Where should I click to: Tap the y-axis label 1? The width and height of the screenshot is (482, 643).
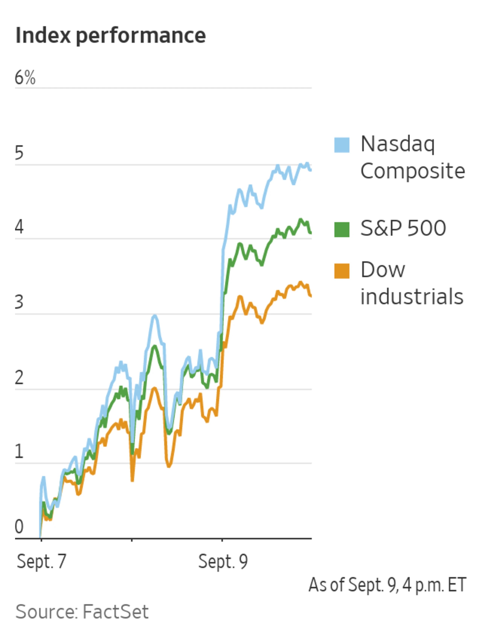coord(19,451)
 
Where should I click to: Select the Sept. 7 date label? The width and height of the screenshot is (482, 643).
coord(42,561)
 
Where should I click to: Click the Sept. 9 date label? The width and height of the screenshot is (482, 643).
coord(223,561)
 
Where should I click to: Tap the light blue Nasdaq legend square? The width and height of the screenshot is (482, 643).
coord(342,145)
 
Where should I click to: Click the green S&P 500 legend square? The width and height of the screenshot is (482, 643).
coord(342,229)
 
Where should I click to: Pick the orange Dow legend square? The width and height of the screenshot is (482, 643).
coord(342,271)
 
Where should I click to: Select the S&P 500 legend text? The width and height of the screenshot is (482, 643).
coord(403,228)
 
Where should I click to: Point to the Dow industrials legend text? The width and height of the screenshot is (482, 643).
coord(411,283)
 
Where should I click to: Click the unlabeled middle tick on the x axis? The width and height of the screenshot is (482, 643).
coord(132,540)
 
